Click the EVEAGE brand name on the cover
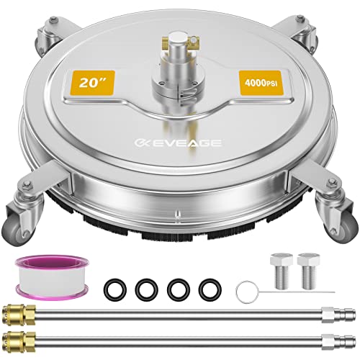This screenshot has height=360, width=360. click(x=178, y=143)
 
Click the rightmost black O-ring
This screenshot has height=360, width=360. click(x=210, y=290)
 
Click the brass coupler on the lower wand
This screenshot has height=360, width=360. click(x=19, y=339)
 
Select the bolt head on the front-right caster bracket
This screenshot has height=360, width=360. click(x=333, y=181)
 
